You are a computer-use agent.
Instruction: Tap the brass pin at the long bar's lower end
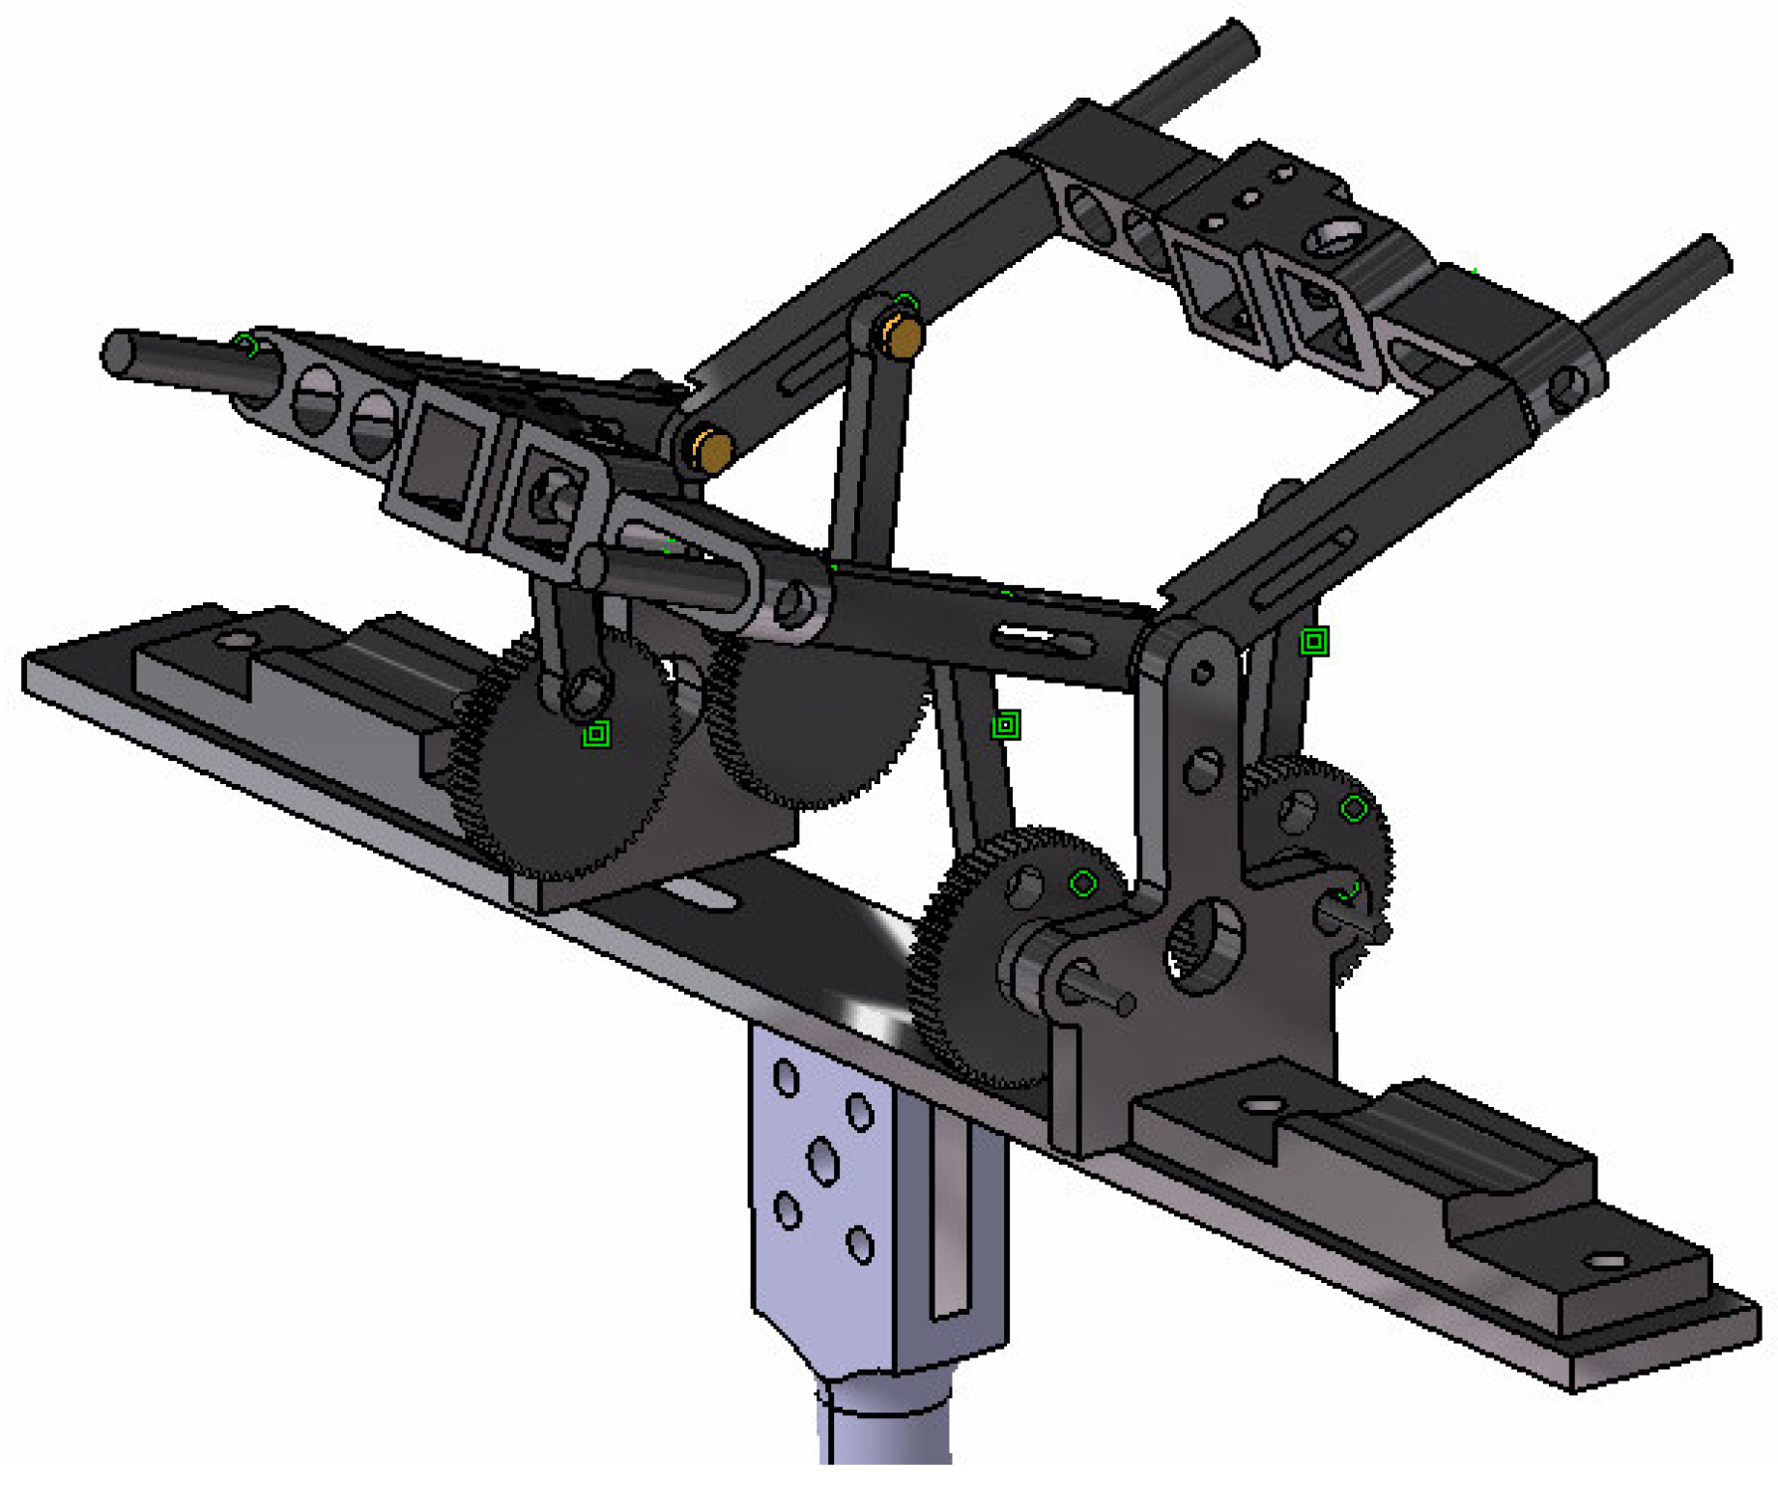(713, 450)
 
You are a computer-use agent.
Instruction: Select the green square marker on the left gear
(596, 734)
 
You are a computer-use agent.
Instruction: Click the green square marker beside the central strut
(1006, 724)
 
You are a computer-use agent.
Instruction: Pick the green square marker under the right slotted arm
(1313, 641)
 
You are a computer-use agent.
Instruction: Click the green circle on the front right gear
(1083, 883)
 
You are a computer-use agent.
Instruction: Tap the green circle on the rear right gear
(1354, 808)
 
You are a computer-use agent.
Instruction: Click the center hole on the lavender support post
(822, 1160)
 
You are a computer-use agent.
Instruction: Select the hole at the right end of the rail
(1606, 1260)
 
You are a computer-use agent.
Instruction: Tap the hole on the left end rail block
(235, 640)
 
